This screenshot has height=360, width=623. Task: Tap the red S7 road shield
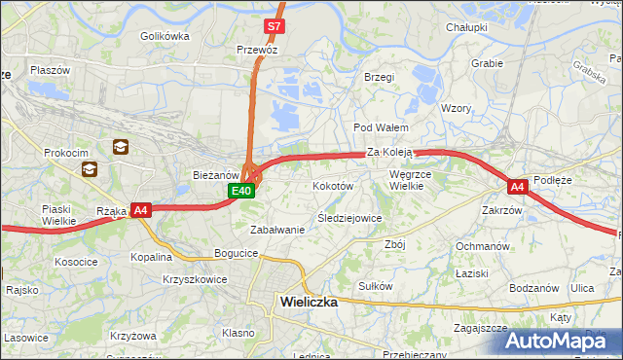275,26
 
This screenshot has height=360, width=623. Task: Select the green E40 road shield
242,191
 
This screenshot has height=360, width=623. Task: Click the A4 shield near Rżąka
141,209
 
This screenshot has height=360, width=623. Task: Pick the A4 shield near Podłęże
517,186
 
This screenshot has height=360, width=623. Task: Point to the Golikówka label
165,36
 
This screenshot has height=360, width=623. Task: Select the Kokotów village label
332,185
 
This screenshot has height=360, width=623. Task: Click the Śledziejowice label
349,218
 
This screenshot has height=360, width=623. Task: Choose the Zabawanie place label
277,230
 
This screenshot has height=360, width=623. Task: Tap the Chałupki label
466,27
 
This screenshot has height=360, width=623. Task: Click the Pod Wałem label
380,127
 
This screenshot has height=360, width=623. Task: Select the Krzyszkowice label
195,278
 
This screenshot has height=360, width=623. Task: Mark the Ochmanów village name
483,246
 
